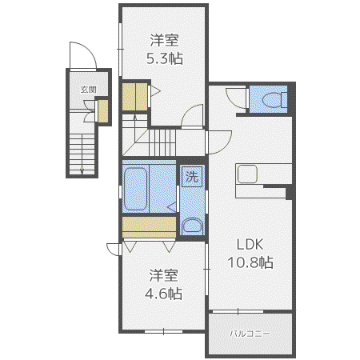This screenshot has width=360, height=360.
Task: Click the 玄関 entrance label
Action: point(88,90)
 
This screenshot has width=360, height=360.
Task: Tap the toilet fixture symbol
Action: point(274,100)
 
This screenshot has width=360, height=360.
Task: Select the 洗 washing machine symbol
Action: point(192,176)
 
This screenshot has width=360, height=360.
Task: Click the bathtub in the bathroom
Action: point(136,189)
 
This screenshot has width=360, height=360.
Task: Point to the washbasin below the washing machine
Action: point(192,226)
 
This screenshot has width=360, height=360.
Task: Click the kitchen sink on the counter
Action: point(247,174)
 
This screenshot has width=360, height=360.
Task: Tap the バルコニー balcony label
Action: point(250,334)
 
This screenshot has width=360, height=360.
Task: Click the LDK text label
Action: point(250,244)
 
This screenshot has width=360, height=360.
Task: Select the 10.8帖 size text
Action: point(250,262)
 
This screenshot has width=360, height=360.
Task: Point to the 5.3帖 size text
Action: point(165,58)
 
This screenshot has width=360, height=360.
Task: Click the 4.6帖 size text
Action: point(163,294)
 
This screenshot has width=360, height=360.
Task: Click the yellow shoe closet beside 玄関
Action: point(103,111)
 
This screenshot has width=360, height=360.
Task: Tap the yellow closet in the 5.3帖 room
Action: point(135,97)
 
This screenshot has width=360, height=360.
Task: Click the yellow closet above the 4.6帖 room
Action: point(149,227)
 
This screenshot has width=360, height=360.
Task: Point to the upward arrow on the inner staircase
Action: point(135,128)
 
